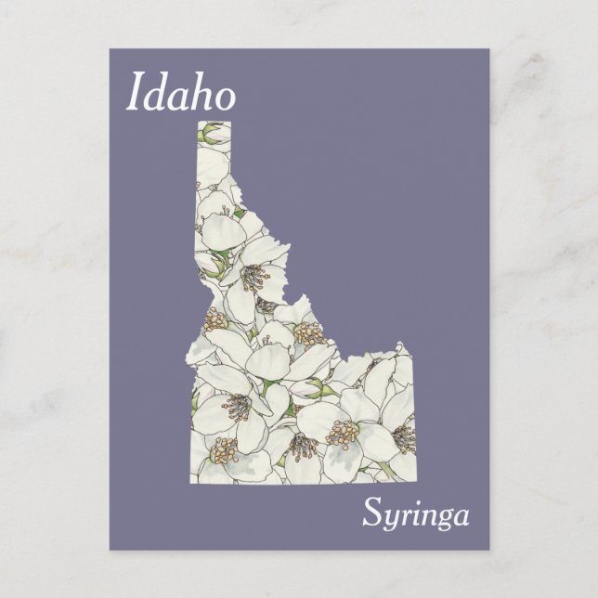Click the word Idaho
coord(179,94)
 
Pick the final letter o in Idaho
coord(226,97)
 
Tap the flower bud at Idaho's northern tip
coord(214,130)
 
